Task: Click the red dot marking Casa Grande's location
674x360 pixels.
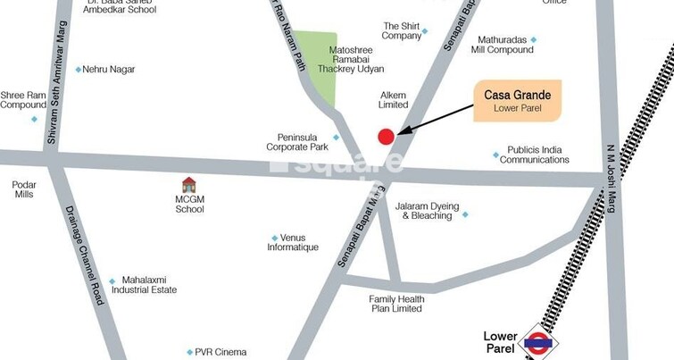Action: pyautogui.click(x=386, y=137)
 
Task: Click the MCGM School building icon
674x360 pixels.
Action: pyautogui.click(x=189, y=185)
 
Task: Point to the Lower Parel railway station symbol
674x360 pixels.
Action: pyautogui.click(x=538, y=340)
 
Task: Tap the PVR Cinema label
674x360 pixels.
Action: pyautogui.click(x=221, y=352)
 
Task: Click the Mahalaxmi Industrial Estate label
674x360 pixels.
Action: pyautogui.click(x=149, y=284)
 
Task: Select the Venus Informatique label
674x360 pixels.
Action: pyautogui.click(x=293, y=242)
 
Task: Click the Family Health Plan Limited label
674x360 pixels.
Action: pyautogui.click(x=395, y=304)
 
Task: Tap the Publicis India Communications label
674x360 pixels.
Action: pyautogui.click(x=534, y=155)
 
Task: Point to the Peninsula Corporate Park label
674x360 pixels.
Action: pyautogui.click(x=297, y=142)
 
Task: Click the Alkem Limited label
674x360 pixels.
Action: pyautogui.click(x=393, y=99)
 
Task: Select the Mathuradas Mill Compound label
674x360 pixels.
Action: pyautogui.click(x=503, y=45)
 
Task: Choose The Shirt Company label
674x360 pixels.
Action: pyautogui.click(x=401, y=31)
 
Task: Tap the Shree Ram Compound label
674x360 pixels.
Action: pyautogui.click(x=23, y=99)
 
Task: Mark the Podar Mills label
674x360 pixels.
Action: pyautogui.click(x=24, y=188)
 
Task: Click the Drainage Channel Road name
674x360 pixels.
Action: pyautogui.click(x=86, y=255)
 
